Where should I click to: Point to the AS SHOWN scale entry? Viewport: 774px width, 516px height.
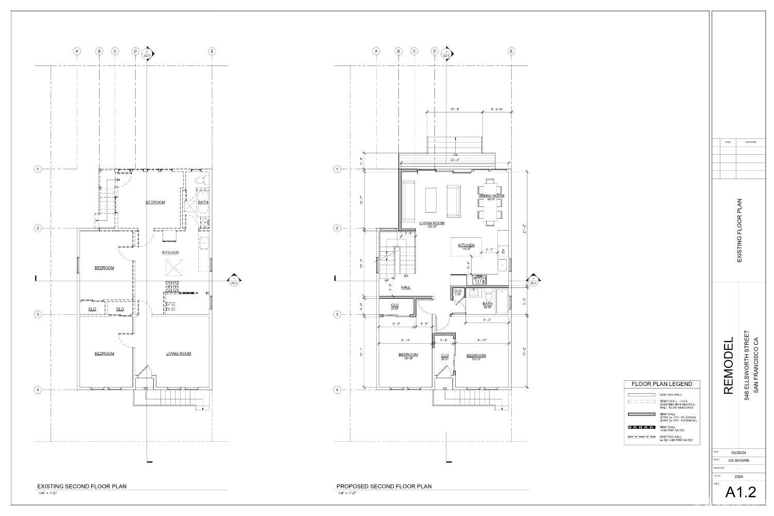738,460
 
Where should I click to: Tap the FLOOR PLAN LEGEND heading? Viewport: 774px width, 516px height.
662,384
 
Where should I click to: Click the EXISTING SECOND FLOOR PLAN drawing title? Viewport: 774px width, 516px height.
82,486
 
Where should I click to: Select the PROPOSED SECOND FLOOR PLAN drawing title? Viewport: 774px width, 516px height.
384,486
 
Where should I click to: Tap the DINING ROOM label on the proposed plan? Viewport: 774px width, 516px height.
491,196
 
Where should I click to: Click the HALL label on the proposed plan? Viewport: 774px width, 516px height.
406,287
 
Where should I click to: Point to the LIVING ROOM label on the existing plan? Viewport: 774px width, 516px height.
179,353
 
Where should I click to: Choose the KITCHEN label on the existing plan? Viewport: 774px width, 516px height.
170,252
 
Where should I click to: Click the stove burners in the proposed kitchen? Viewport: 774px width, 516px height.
479,280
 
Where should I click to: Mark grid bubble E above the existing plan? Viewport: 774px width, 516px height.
212,51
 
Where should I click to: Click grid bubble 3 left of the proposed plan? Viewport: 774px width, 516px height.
337,314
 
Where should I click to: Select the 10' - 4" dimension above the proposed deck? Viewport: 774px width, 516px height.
455,109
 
